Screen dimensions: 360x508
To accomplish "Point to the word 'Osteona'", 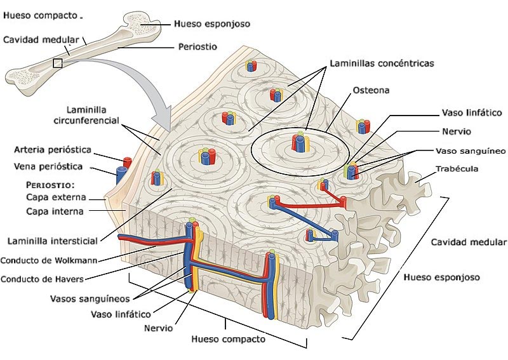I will tap(371, 90).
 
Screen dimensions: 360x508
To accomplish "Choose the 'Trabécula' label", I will tap(457, 169).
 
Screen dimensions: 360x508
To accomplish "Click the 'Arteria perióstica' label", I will tap(53, 150).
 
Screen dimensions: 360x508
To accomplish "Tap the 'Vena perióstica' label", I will tap(48, 167).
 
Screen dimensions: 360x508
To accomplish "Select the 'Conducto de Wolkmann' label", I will tap(48, 260).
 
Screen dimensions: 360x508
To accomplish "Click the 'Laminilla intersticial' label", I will tap(52, 241).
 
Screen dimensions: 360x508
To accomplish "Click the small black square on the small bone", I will tap(58, 63).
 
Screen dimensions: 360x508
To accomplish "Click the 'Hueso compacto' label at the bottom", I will tap(228, 339).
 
